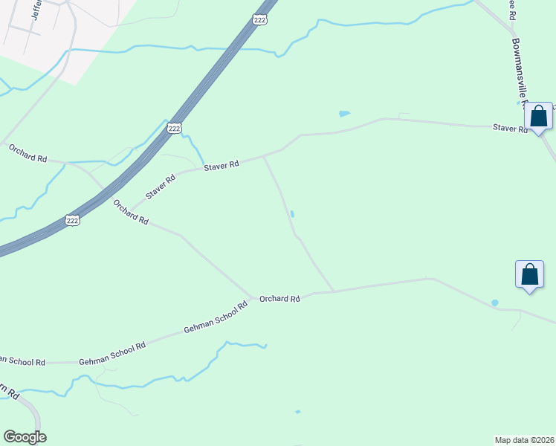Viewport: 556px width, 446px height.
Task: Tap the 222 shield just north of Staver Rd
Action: (174, 129)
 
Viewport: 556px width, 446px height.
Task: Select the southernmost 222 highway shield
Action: (72, 219)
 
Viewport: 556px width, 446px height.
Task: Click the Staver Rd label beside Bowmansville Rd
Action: (510, 129)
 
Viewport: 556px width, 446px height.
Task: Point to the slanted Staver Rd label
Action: (161, 187)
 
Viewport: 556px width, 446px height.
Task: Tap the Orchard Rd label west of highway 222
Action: (28, 154)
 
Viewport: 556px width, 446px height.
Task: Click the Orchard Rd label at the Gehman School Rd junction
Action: (279, 299)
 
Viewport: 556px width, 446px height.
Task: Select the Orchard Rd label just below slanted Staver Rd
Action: (131, 211)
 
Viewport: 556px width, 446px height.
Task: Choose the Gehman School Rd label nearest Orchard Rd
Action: (216, 320)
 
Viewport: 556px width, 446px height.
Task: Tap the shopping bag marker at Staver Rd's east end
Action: (539, 117)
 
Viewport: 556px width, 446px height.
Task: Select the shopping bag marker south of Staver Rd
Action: (529, 274)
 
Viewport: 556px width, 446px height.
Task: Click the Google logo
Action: (25, 437)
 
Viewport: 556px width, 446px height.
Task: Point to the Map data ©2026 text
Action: (525, 439)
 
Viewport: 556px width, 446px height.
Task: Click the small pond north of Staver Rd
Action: (344, 114)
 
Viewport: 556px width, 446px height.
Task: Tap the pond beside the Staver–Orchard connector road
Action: (292, 214)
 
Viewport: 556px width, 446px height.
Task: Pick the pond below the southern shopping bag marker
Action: (494, 303)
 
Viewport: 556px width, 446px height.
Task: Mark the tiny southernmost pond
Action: (298, 411)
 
